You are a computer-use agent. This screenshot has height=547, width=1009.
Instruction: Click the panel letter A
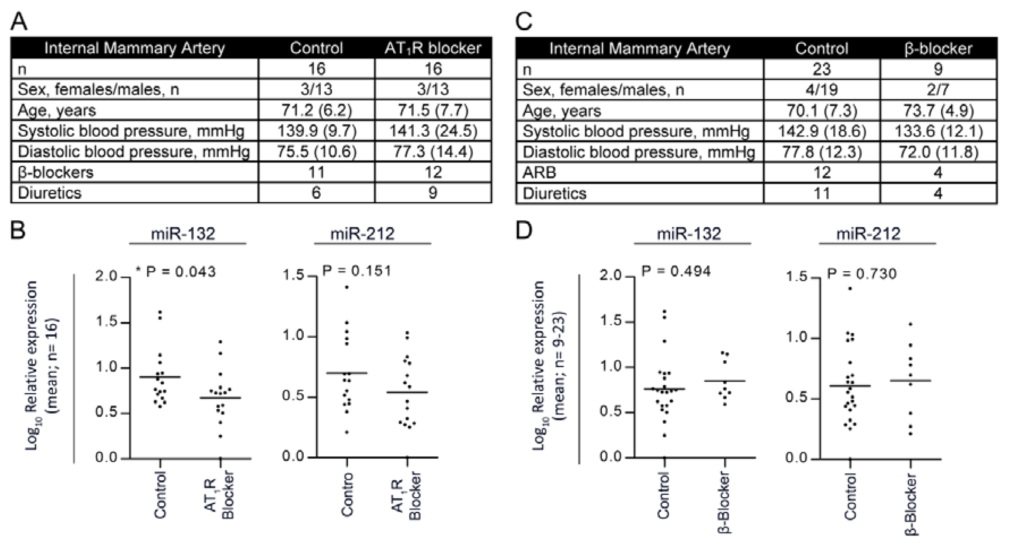pyautogui.click(x=19, y=21)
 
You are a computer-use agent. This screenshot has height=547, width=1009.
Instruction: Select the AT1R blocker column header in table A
pyautogui.click(x=433, y=48)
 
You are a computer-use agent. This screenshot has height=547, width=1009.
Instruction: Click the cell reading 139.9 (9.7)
pyautogui.click(x=317, y=131)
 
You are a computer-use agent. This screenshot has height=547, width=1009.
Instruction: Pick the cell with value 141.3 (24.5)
pyautogui.click(x=433, y=131)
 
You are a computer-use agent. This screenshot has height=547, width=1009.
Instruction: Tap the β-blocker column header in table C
pyautogui.click(x=938, y=49)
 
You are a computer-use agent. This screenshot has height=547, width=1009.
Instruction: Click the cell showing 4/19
pyautogui.click(x=821, y=90)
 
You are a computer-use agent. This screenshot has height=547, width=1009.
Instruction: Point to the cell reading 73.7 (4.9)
pyautogui.click(x=938, y=111)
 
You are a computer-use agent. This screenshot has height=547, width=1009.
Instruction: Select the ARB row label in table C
pyautogui.click(x=539, y=173)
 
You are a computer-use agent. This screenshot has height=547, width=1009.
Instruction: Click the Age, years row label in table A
pyautogui.click(x=57, y=111)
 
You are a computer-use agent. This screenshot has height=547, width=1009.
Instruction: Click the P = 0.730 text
pyautogui.click(x=861, y=274)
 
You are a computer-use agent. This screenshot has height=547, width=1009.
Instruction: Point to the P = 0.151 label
pyautogui.click(x=356, y=271)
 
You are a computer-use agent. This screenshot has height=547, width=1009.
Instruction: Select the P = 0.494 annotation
pyautogui.click(x=676, y=271)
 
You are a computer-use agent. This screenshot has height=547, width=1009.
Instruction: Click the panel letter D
pyautogui.click(x=524, y=231)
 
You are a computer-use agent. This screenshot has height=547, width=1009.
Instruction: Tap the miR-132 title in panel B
pyautogui.click(x=183, y=234)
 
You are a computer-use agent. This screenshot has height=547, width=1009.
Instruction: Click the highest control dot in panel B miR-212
pyautogui.click(x=347, y=287)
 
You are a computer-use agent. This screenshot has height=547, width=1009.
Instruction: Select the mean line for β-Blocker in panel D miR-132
pyautogui.click(x=725, y=381)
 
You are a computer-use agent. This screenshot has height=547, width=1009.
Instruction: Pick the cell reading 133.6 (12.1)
pyautogui.click(x=938, y=132)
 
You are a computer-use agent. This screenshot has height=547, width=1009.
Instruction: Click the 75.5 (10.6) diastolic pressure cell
pyautogui.click(x=317, y=152)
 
